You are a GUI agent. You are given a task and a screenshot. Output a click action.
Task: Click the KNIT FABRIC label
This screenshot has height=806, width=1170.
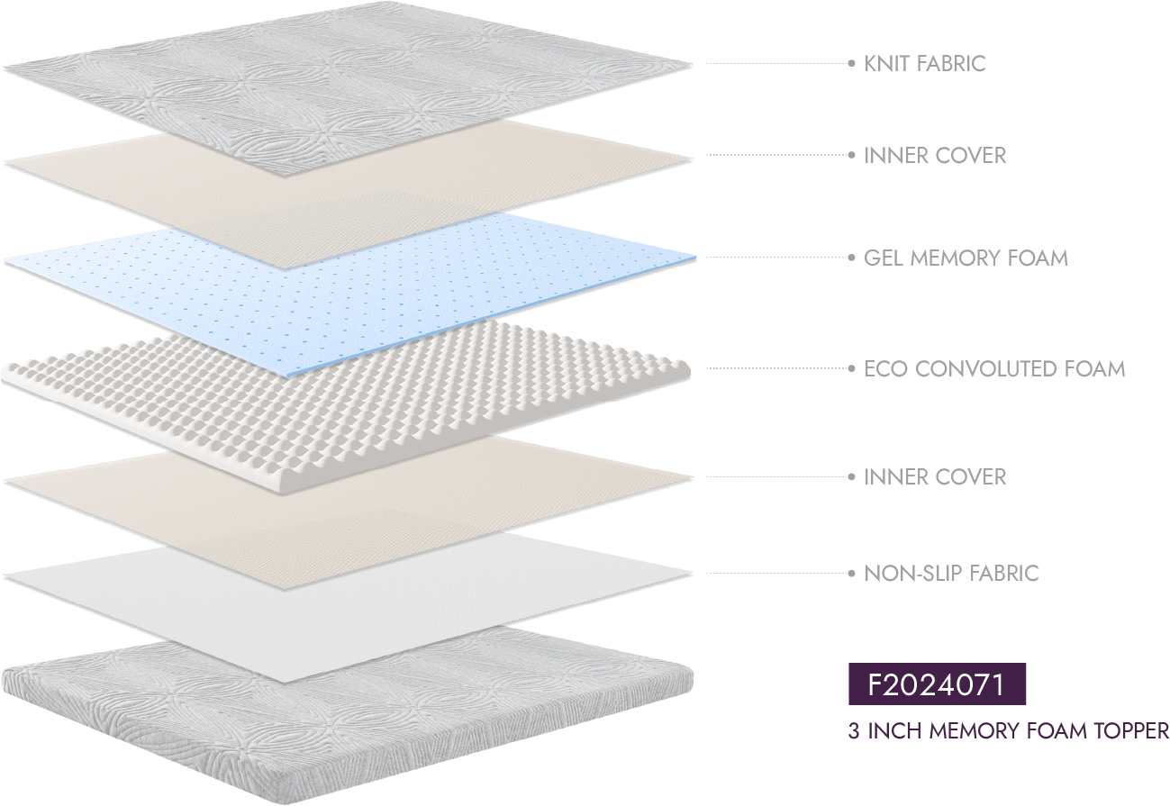tap(924, 63)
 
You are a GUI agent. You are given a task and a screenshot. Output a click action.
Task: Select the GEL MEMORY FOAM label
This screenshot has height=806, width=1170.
tap(966, 258)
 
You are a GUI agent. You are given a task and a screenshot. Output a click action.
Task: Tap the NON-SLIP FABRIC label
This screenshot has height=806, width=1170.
tap(951, 573)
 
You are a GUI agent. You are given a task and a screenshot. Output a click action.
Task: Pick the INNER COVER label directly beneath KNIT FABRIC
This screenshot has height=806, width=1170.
tap(935, 155)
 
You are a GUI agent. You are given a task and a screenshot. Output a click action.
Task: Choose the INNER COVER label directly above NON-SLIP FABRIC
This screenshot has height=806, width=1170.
tap(935, 476)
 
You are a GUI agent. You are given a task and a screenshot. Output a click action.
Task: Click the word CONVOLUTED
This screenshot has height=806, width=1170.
tap(987, 368)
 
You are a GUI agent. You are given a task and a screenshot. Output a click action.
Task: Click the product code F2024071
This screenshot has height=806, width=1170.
tap(937, 685)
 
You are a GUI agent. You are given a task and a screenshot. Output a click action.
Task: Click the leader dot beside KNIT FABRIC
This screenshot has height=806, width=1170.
tap(851, 63)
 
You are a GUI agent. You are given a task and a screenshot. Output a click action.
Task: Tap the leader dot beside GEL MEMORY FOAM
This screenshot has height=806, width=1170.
tap(851, 258)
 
